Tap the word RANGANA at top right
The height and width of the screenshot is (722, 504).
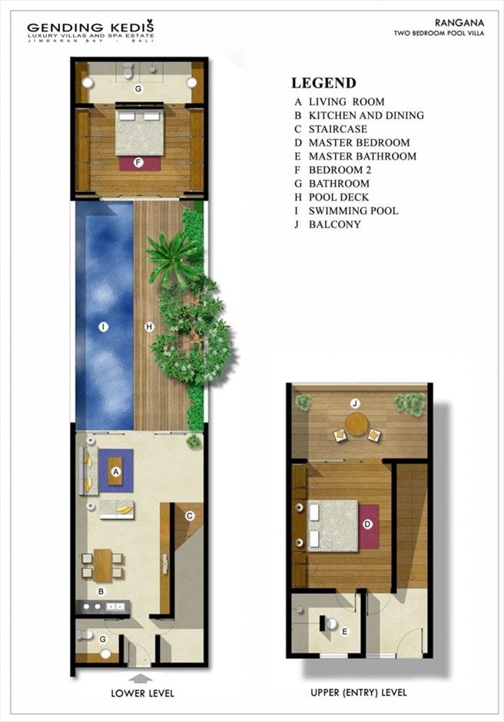coord(459,22)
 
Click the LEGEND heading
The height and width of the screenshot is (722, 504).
coord(323,83)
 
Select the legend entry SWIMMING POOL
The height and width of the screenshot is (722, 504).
coord(353,211)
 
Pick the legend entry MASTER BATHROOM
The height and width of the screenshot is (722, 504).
coord(363,156)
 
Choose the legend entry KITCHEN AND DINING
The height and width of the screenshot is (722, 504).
coord(366,115)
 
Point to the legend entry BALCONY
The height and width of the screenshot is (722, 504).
coord(334,224)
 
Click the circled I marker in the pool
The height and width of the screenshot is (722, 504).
coord(103,327)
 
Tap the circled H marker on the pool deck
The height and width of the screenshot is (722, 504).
coord(149,327)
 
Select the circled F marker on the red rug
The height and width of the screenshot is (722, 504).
coord(138,163)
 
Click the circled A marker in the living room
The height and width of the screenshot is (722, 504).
coord(116,472)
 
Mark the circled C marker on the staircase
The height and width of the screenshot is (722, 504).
coord(189,516)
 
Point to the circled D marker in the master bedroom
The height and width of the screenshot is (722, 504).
coord(367,524)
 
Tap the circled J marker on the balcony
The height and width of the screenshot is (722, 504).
coord(355,404)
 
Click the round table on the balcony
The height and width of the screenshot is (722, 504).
coord(356,424)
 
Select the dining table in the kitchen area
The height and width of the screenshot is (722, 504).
coord(102,565)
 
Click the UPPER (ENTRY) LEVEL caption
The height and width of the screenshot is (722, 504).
coord(359,693)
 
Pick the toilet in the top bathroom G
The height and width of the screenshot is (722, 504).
coord(128,70)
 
